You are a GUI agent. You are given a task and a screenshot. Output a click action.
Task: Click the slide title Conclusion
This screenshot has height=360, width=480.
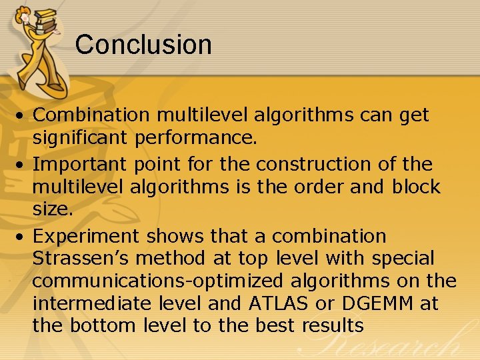tap(143, 45)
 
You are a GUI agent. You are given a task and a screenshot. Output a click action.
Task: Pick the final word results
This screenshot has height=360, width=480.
tap(333, 326)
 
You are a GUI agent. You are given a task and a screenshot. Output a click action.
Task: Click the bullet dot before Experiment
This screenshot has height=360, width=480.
tap(22, 236)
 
